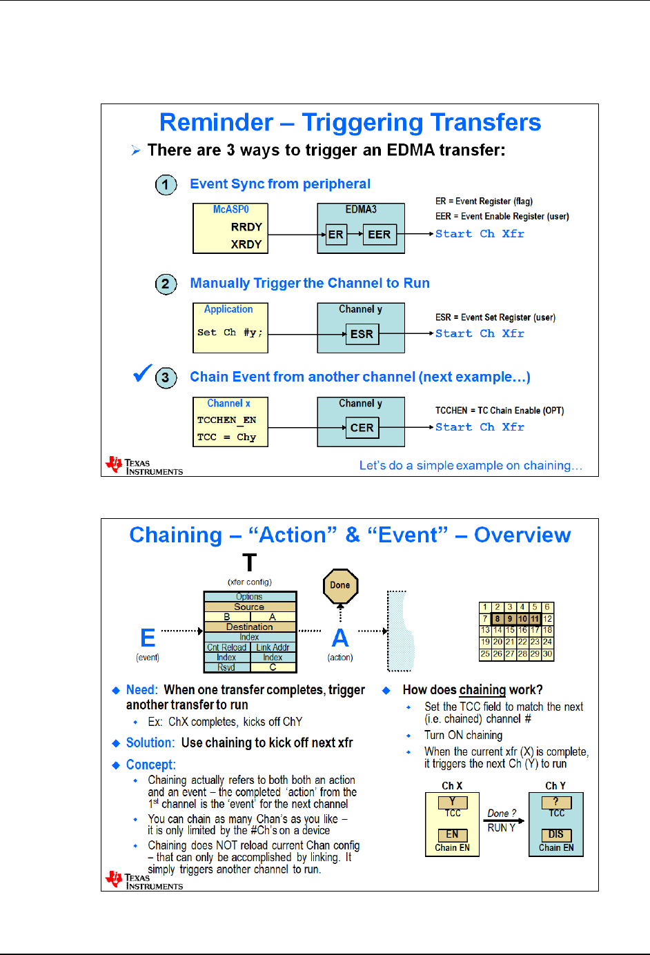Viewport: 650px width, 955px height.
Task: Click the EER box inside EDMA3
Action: point(379,235)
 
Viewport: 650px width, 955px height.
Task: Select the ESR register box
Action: point(362,334)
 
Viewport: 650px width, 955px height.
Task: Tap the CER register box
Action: point(362,428)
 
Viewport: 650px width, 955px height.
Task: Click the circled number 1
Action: point(166,185)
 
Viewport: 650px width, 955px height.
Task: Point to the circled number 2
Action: point(166,284)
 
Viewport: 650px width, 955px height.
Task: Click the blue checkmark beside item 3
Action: point(142,373)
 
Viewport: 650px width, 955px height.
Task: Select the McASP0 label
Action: point(230,209)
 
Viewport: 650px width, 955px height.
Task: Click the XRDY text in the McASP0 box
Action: point(246,244)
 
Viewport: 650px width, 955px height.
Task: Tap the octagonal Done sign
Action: point(340,585)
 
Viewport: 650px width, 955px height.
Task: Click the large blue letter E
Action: point(148,638)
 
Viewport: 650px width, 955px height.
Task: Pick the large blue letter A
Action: point(340,638)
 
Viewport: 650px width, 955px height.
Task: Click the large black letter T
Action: point(250,563)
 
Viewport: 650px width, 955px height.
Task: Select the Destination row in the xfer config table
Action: point(250,627)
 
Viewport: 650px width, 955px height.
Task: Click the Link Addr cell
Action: point(273,647)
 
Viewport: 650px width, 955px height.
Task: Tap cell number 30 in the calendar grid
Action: point(547,653)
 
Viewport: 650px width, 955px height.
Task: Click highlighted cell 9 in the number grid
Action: point(509,619)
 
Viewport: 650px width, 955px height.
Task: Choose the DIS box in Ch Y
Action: point(556,834)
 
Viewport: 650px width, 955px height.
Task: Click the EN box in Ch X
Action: point(452,834)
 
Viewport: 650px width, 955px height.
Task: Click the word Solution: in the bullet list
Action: point(150,743)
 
